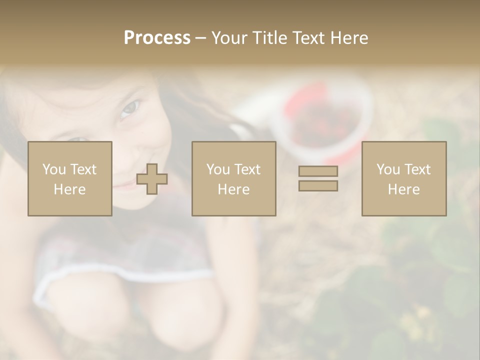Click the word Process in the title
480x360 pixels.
157,38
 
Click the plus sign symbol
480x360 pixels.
152,179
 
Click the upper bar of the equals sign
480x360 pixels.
318,171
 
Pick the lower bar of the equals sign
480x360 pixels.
318,185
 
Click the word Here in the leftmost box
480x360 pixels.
69,189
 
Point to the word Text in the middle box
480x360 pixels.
247,169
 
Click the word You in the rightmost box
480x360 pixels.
388,169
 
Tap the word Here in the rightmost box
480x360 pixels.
403,189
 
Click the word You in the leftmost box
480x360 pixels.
54,169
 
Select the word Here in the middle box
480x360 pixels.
233,189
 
